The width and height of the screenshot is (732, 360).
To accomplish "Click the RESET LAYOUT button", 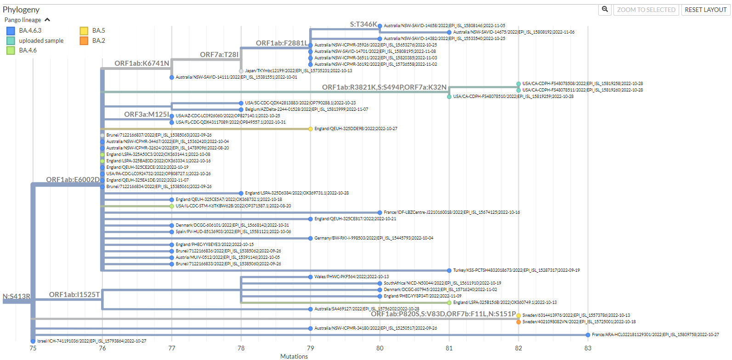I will (x=705, y=10).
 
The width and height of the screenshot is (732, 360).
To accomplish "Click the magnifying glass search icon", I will (x=605, y=9).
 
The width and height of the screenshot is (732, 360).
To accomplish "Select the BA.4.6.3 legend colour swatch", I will (x=11, y=31).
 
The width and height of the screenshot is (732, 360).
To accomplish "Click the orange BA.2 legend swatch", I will (x=84, y=40).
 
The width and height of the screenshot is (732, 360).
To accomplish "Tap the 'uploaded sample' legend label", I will (x=41, y=40).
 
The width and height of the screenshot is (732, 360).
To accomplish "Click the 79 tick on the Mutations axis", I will (x=311, y=348).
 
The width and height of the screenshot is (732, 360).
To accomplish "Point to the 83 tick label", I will (x=588, y=348).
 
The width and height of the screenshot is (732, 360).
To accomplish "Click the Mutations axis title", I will (x=294, y=356).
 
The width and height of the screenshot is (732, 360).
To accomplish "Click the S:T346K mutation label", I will (x=363, y=24).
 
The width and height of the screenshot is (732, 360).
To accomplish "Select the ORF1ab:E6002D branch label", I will (x=73, y=180).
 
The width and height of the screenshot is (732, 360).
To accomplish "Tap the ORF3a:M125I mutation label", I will (x=146, y=114).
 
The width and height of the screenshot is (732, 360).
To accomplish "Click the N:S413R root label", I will (x=17, y=297).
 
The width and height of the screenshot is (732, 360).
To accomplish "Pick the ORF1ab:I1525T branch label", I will (x=74, y=295).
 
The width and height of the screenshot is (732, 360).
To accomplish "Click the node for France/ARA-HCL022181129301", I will (x=588, y=335).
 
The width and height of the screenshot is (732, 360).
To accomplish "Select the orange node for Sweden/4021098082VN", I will (x=518, y=322).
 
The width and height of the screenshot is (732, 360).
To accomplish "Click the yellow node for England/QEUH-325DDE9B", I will (x=311, y=129).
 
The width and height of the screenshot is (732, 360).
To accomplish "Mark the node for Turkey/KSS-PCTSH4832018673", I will (x=449, y=270).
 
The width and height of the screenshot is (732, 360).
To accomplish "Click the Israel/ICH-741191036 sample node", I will (x=33, y=341).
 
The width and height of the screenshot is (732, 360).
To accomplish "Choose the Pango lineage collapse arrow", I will (x=47, y=20).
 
